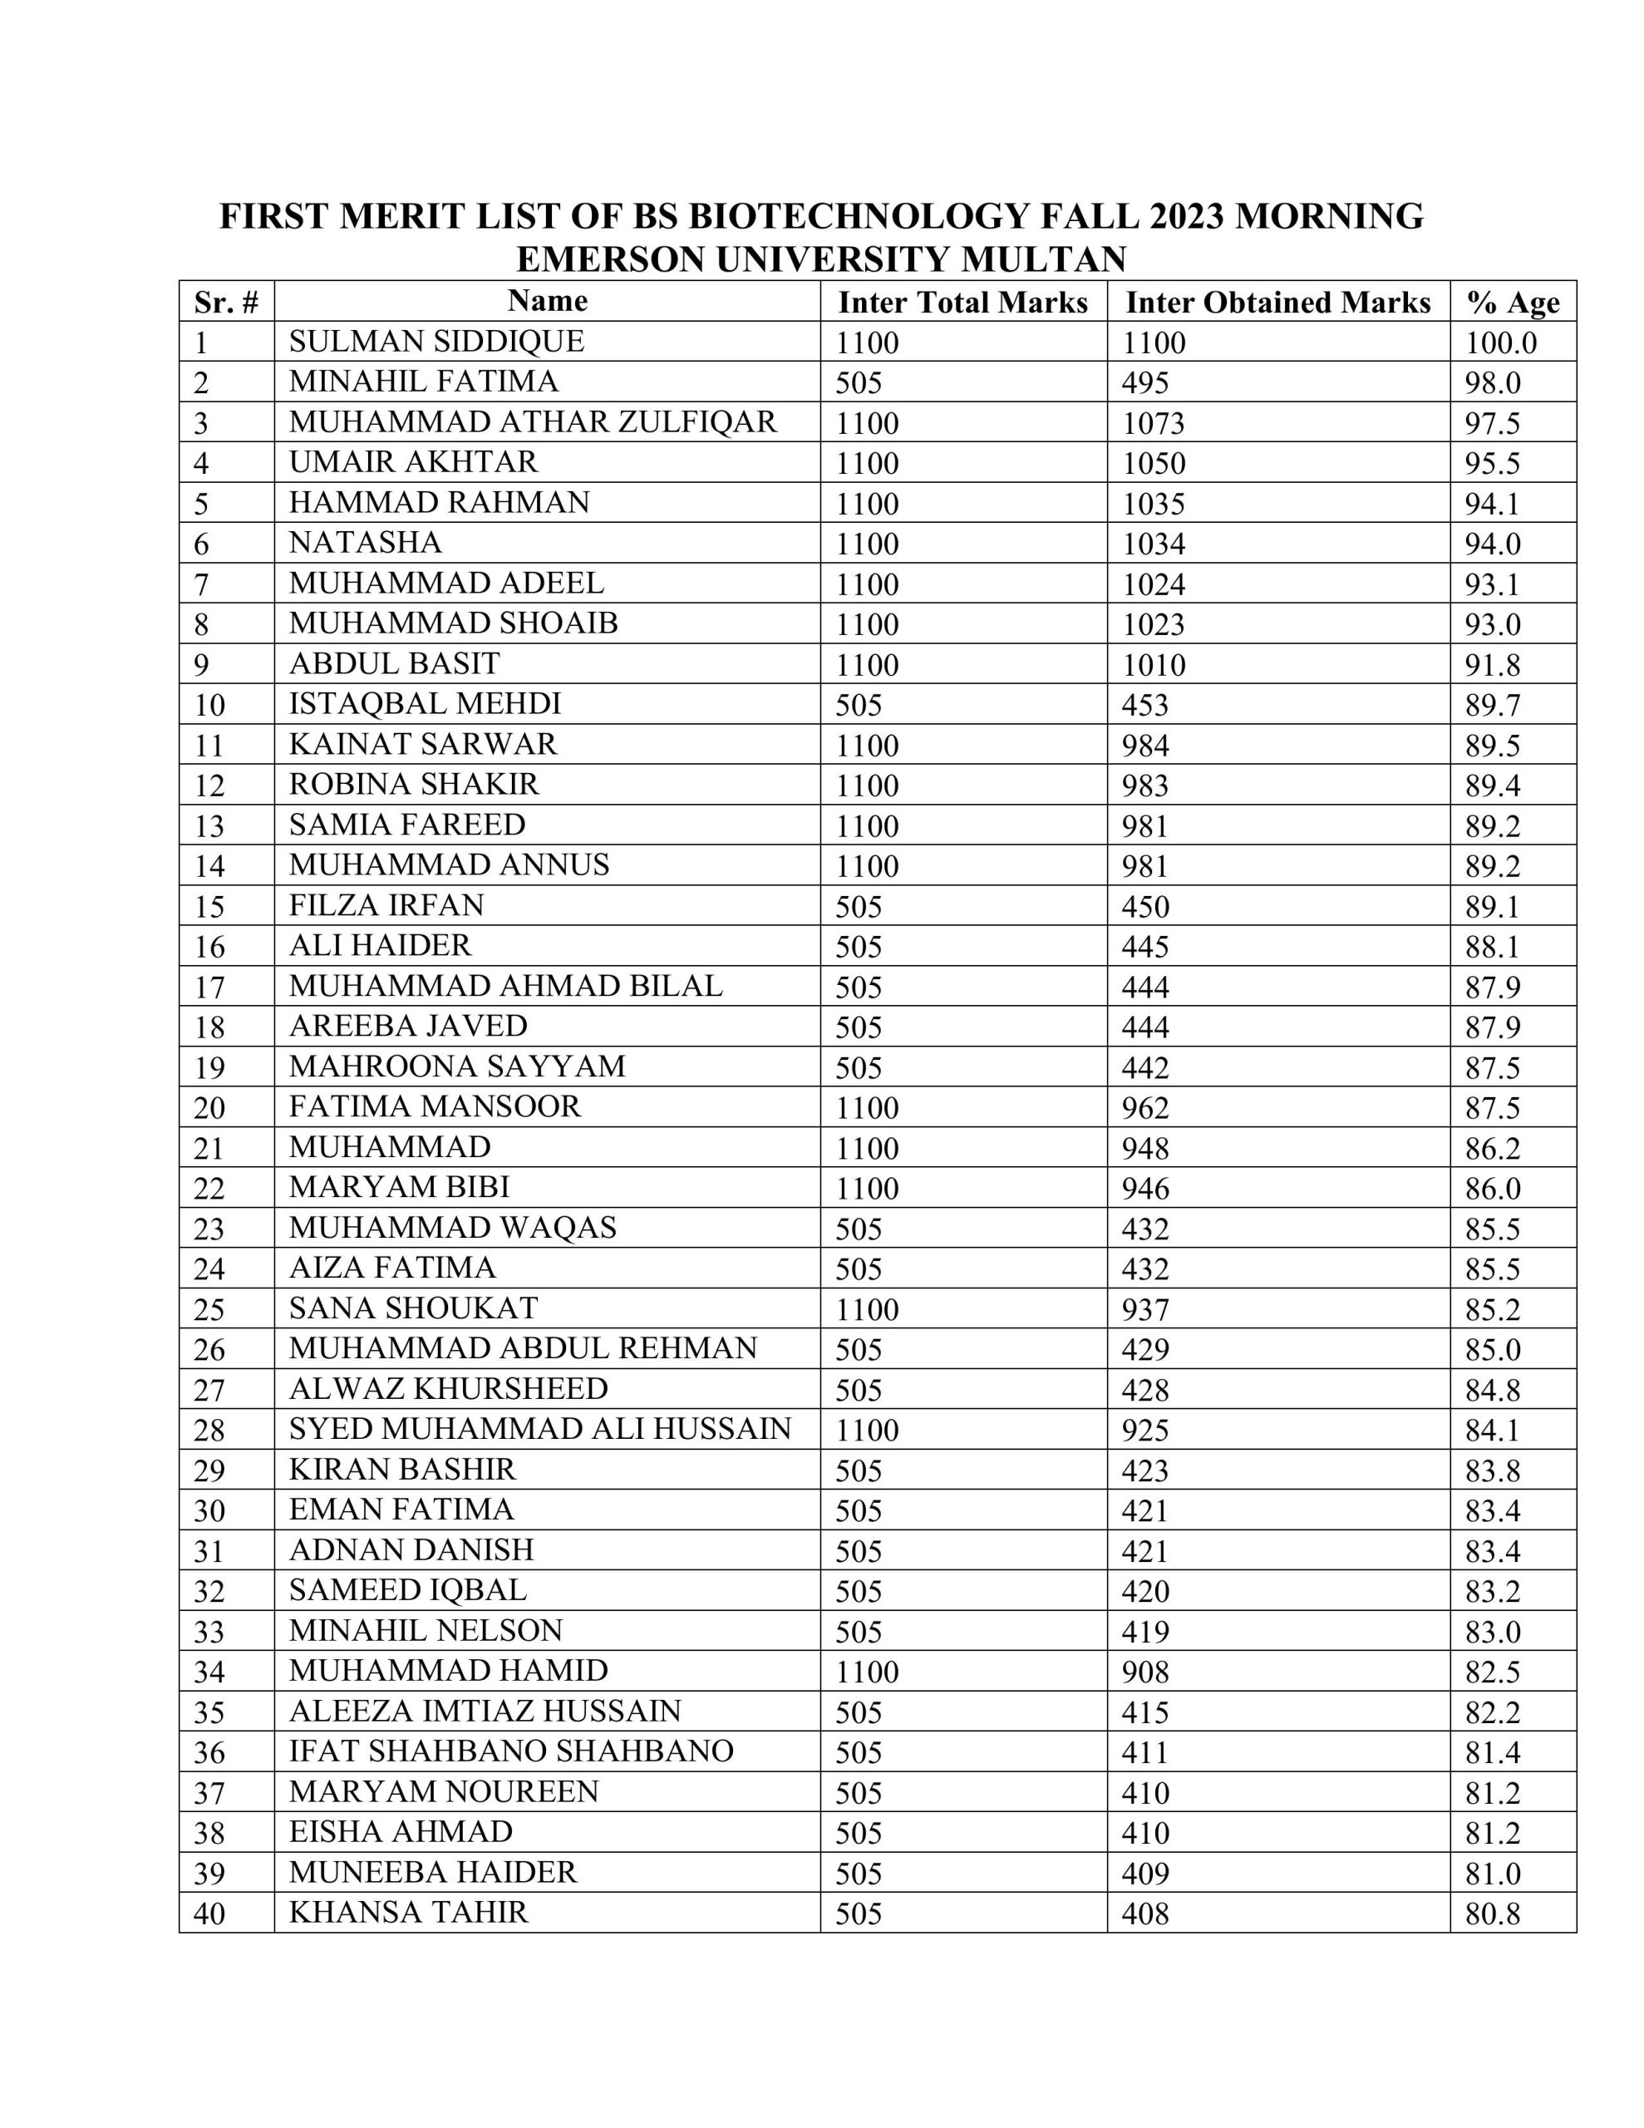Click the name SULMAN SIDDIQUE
436,342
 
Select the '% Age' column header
1512,303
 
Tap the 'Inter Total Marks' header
962,303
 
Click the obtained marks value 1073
1153,423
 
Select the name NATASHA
365,543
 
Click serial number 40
209,1914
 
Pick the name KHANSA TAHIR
407,1912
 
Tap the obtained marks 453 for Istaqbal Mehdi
1144,704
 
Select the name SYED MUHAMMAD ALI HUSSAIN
540,1428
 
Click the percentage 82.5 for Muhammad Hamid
1491,1672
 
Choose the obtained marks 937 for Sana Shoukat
1144,1309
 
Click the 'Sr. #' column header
226,303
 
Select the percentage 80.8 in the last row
1491,1914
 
